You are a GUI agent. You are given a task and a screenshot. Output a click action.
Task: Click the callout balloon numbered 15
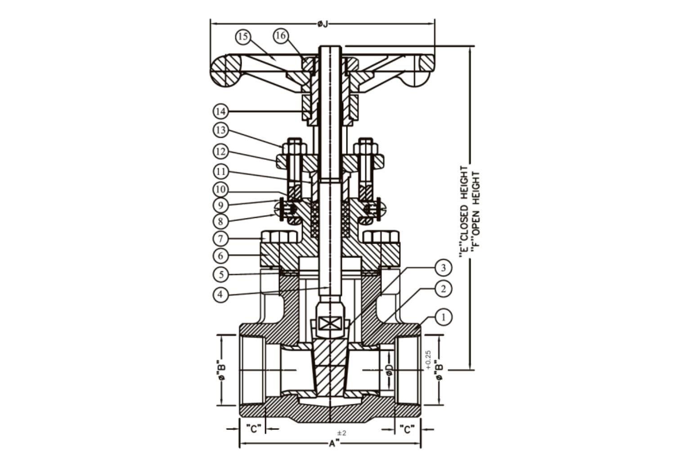[243, 37]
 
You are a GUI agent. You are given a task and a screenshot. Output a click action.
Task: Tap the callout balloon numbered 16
[281, 36]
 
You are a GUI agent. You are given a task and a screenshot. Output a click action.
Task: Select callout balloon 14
[221, 112]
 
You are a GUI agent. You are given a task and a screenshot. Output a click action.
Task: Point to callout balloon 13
[221, 130]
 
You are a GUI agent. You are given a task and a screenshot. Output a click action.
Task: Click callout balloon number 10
[221, 189]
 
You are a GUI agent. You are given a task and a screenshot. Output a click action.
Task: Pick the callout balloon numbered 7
[221, 239]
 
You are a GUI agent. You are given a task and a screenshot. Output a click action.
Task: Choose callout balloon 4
[220, 294]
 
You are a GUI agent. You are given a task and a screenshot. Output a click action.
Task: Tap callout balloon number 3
[443, 268]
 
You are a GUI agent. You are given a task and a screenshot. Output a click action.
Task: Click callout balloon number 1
[443, 317]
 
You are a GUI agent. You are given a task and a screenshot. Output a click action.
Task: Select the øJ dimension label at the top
[323, 24]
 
